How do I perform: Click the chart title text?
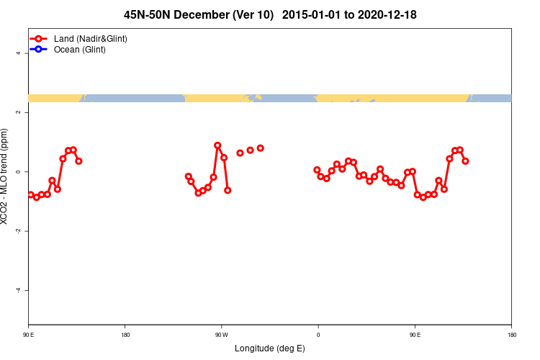pyautogui.click(x=270, y=14)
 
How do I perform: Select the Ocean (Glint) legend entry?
pyautogui.click(x=79, y=50)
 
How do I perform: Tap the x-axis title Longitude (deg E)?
pyautogui.click(x=270, y=348)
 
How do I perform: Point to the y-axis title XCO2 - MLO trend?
pyautogui.click(x=6, y=176)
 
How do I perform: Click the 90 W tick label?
pyautogui.click(x=221, y=335)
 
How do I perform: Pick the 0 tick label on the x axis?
pyautogui.click(x=318, y=335)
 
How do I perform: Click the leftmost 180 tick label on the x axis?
pyautogui.click(x=125, y=335)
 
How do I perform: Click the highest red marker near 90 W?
pyautogui.click(x=217, y=145)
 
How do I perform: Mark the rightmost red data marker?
pyautogui.click(x=465, y=161)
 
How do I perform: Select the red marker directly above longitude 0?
pyautogui.click(x=317, y=170)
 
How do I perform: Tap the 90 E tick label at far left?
pyautogui.click(x=29, y=335)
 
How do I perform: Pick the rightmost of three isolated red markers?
pyautogui.click(x=260, y=148)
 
